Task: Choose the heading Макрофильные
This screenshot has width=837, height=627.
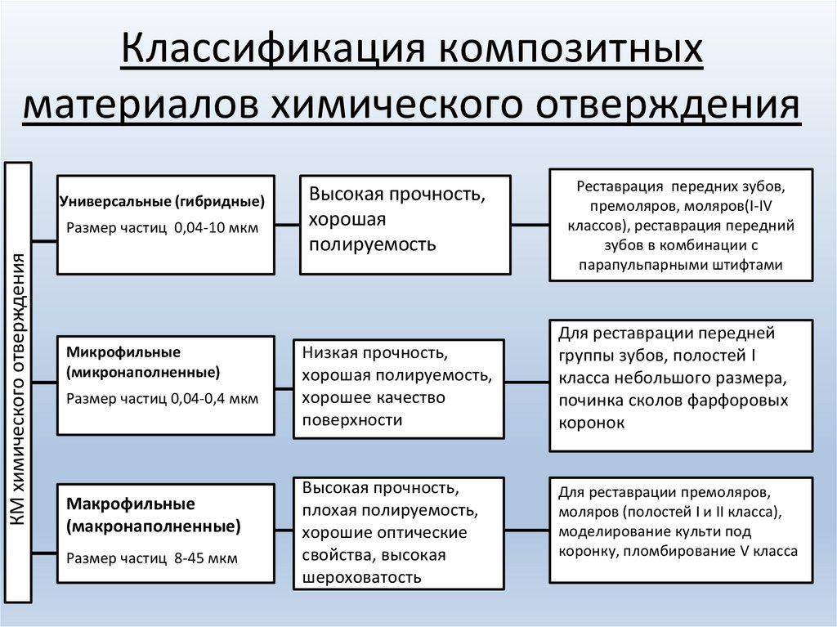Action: pyautogui.click(x=132, y=504)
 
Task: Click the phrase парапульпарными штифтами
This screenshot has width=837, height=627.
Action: pyautogui.click(x=681, y=265)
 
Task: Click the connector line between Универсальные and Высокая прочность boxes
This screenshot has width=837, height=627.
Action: pyautogui.click(x=287, y=223)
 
